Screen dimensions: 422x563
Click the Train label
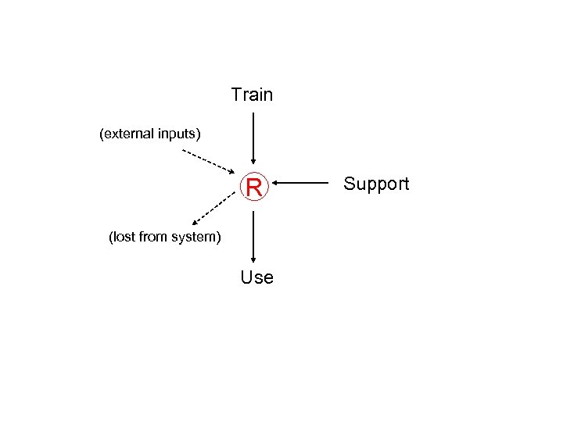coord(252,95)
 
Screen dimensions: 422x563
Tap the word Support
coord(376,184)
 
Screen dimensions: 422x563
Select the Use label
coord(256,277)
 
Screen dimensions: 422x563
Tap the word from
coord(153,236)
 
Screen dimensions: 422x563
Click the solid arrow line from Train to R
coord(253,137)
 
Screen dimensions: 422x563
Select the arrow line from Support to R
coord(305,184)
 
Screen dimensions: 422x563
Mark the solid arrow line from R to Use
coord(253,234)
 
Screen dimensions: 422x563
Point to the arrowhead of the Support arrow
coord(277,184)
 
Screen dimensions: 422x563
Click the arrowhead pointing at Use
coord(253,261)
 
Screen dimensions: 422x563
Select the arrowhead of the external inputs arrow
coord(231,171)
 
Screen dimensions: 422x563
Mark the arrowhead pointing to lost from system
coord(195,223)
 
